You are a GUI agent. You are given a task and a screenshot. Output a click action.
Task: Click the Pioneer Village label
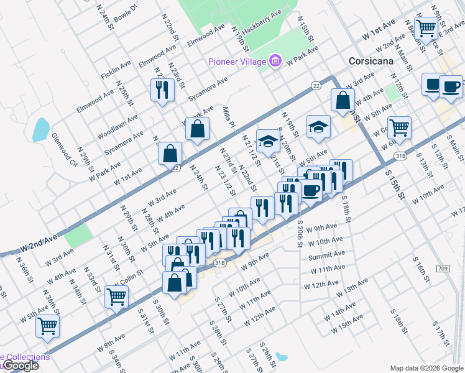[x=237, y=62]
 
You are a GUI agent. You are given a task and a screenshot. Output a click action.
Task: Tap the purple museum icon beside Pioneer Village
[x=275, y=61]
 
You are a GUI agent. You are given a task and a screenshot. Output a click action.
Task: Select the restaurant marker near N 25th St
[x=162, y=90]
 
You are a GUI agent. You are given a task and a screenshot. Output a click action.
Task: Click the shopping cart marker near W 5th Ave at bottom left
[x=47, y=325]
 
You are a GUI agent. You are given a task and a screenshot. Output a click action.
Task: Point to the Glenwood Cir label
[x=64, y=150]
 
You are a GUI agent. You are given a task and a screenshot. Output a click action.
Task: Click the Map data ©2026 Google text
[x=426, y=368]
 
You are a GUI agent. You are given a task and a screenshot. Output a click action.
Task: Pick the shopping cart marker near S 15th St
[x=399, y=127]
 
